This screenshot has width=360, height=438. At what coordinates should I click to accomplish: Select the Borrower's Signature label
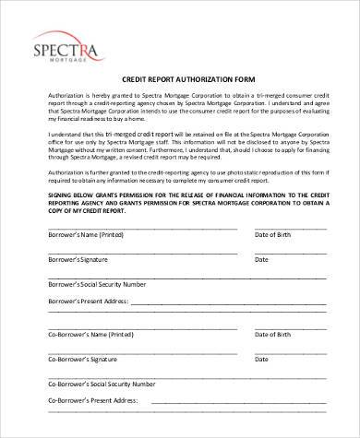pos(77,261)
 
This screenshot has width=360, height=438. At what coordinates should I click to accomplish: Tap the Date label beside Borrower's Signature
pos(263,261)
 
